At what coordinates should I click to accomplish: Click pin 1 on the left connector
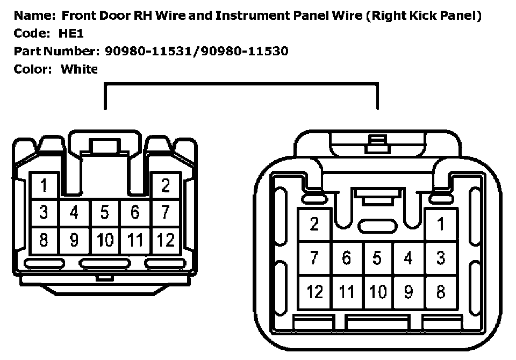coord(44,186)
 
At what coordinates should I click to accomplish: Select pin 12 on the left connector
coord(166,240)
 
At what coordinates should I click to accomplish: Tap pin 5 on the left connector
coord(104,213)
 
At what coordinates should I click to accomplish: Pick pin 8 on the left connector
coord(44,240)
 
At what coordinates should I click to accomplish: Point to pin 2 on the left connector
coord(166,186)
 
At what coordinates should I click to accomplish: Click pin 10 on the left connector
coord(104,240)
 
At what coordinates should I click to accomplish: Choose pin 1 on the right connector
coord(441,224)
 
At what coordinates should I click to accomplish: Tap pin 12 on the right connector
coord(315,292)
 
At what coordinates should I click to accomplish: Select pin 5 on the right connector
coord(377,258)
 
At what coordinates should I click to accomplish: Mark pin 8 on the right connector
coord(441,292)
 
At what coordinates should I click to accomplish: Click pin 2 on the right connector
coord(315,224)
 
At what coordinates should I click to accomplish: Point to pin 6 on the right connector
coord(346,258)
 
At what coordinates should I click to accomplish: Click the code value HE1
coord(71,33)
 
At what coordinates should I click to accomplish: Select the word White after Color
coord(78,69)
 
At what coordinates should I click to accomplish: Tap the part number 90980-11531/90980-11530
coord(197,51)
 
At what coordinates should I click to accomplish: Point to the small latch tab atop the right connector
coord(377,143)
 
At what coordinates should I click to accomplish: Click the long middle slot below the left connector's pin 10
coord(105,263)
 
